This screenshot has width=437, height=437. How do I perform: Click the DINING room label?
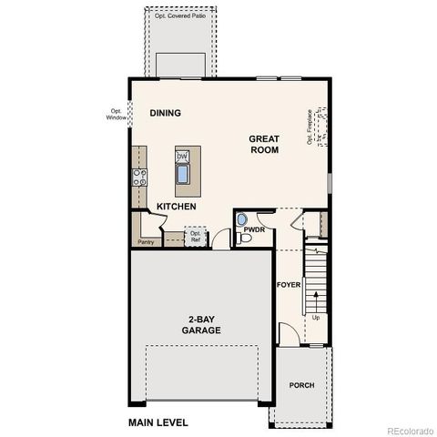(166, 113)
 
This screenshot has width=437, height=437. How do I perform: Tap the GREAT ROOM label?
(265, 144)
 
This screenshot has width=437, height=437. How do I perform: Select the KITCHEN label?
(177, 207)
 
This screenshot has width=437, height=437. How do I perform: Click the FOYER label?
(289, 285)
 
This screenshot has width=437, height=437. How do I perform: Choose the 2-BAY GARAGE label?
(201, 325)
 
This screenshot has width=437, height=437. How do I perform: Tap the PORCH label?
(302, 385)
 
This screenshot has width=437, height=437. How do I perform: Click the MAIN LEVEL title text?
(158, 422)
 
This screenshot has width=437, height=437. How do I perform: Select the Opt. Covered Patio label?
(179, 15)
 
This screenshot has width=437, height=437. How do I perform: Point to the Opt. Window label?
(117, 114)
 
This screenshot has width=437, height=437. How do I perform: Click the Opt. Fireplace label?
(310, 127)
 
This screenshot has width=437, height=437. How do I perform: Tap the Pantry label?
(146, 242)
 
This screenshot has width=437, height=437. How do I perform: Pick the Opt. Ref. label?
(196, 237)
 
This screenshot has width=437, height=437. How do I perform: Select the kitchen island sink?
(184, 173)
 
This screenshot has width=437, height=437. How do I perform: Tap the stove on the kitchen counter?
(140, 177)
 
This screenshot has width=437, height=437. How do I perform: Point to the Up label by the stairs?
(316, 318)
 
